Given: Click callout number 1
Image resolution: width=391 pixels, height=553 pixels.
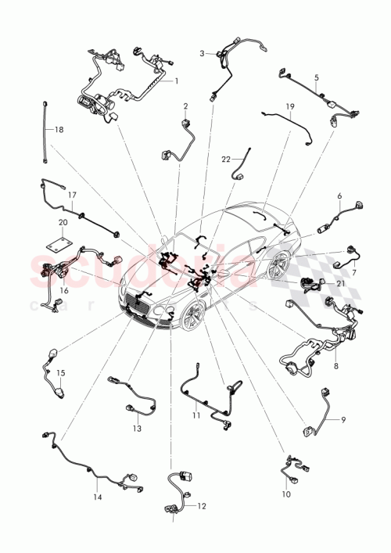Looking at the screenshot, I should coord(176,81).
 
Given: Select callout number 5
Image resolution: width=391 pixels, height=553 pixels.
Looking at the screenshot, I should coord(316,77).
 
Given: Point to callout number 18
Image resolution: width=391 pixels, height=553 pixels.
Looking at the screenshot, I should coord(59,130).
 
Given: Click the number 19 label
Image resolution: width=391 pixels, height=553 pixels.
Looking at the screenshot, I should coord(289,106).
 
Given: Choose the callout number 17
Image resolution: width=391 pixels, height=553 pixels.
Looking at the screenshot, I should coord(71,195).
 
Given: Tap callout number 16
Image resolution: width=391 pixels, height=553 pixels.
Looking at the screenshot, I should coord(64,289).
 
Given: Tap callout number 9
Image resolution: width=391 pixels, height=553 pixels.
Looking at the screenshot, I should coord(341,420).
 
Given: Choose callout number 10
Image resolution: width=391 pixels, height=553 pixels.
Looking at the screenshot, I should coord(285,494).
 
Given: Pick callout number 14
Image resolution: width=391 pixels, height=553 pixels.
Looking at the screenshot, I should coord(98,496).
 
